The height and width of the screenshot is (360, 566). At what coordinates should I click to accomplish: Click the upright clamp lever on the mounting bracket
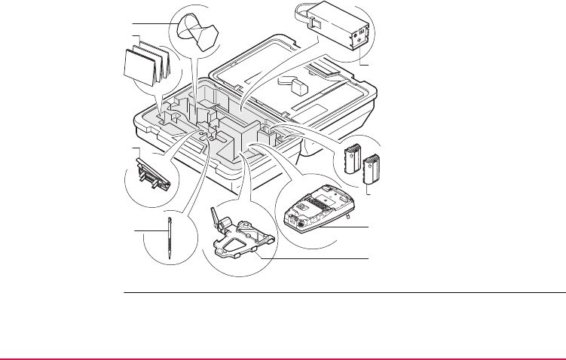coord(219,220)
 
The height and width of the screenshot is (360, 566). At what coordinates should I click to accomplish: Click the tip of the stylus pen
coord(172,257)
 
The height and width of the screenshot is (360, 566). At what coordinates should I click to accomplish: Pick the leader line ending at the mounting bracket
coord(317,259)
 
